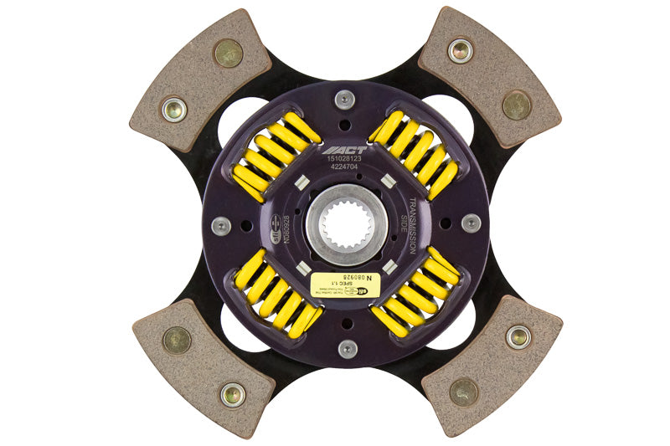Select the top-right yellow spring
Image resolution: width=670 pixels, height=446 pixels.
pos(415,156)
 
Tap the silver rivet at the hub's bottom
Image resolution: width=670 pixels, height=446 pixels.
pos(345,348)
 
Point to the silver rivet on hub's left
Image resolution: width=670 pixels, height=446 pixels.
pos(221,225)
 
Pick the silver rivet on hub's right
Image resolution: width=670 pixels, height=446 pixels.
pos(471,223)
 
